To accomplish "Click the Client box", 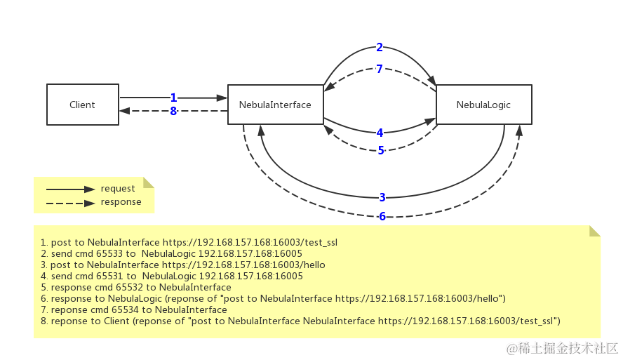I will point(83,105).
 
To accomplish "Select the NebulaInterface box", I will point(275,105).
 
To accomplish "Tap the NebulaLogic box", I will point(483,105).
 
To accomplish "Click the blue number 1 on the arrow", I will point(173,98).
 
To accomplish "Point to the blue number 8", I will point(173,111).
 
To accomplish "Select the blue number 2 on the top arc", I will point(380,48).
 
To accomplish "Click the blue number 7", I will point(380,69).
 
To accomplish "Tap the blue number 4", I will point(380,133).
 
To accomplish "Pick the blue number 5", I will point(381,150).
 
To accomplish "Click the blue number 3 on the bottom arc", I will point(382,197).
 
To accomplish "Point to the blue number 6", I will point(382,216).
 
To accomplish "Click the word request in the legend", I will point(118,189).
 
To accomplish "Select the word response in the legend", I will point(121,202).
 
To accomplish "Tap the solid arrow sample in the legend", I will point(70,189).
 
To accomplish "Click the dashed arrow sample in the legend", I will point(70,203).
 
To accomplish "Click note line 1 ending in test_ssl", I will point(189,242).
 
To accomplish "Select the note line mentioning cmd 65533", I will point(171,253).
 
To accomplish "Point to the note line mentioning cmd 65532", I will point(135,287).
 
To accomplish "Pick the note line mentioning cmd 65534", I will point(133,309).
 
